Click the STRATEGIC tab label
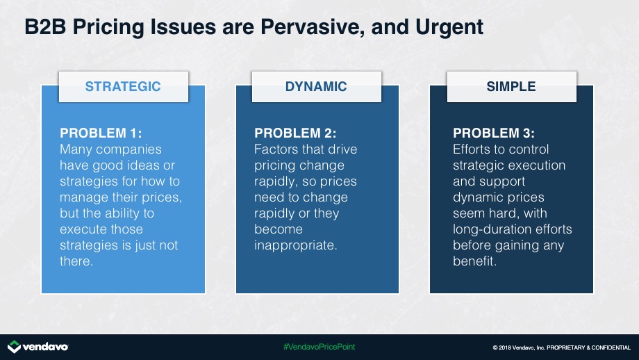(123, 86)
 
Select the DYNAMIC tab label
(316, 86)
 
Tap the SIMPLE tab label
(511, 86)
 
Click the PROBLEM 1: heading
(101, 133)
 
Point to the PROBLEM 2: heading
(295, 133)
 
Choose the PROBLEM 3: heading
(494, 133)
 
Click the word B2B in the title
(45, 27)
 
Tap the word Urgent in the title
(449, 28)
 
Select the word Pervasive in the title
(312, 27)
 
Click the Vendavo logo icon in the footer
(15, 347)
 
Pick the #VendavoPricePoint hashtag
(319, 347)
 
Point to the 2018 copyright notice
(562, 347)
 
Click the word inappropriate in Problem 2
(295, 245)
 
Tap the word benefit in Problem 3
(475, 261)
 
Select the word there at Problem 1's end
(76, 261)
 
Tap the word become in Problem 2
(279, 229)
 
